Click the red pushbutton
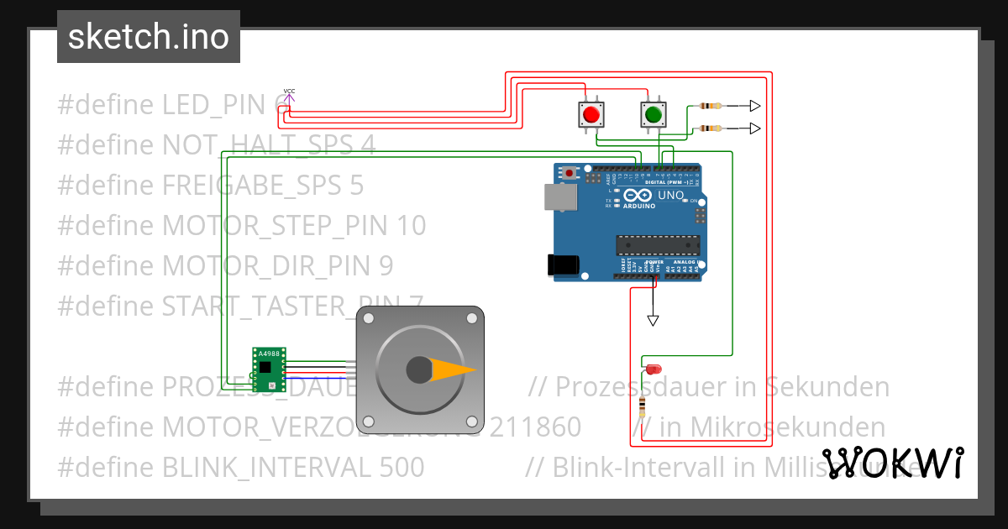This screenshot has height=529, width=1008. point(591,114)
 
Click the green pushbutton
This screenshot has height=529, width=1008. point(653,113)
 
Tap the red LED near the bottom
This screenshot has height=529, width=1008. point(654,369)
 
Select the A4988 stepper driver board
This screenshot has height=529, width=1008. point(270,370)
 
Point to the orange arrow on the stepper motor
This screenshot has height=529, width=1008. point(454,369)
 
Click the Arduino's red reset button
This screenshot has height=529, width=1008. point(570,173)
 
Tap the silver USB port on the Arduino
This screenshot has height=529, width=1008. point(556,196)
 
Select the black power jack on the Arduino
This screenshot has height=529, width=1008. point(562,264)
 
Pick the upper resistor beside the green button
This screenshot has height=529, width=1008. point(711,106)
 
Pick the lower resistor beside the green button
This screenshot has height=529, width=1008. point(711,128)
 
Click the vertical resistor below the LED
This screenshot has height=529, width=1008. point(643,407)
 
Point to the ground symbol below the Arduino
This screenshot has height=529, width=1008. point(653,320)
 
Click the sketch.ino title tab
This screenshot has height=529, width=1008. point(149,37)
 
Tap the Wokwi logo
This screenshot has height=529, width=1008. point(892,463)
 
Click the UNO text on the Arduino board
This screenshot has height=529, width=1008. point(670,196)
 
